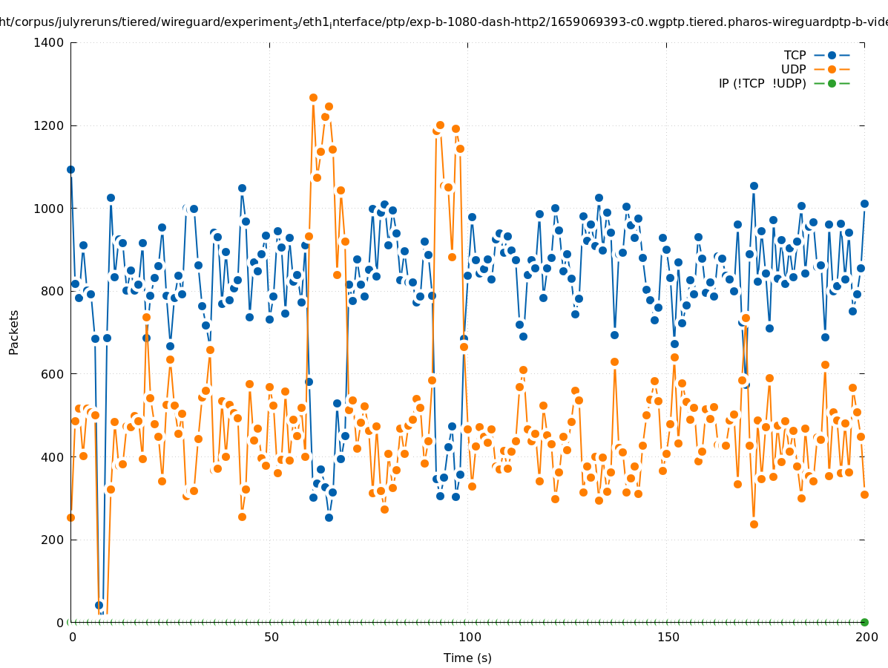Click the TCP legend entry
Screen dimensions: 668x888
click(795, 55)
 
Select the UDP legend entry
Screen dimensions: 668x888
click(793, 69)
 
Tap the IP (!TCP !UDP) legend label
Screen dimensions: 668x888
click(762, 83)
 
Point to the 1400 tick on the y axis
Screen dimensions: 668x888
click(49, 42)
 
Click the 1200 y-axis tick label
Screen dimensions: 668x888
click(49, 125)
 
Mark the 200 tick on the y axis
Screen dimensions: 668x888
click(52, 540)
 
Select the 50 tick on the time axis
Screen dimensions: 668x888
click(272, 637)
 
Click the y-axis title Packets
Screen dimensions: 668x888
click(14, 332)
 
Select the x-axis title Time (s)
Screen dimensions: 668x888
click(467, 658)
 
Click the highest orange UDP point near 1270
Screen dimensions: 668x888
click(313, 97)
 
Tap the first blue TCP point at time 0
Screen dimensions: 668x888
click(71, 169)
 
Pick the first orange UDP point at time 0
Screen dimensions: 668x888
click(71, 517)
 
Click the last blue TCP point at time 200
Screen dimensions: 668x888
click(864, 203)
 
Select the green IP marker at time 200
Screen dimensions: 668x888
click(864, 622)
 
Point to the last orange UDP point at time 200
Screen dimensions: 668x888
click(864, 494)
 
